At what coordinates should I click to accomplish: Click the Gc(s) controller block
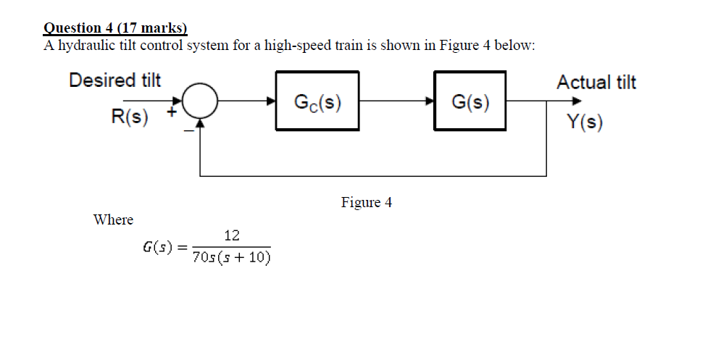coord(317,101)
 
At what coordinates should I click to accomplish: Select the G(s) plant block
coord(470,101)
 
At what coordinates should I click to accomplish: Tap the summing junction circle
coord(200,101)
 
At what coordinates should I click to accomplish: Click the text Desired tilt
coord(114,80)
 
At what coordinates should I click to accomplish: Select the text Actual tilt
coord(596,83)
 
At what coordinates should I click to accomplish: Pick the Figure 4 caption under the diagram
coord(367,202)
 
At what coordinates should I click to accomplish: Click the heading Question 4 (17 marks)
coord(115,28)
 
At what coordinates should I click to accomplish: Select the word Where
coord(113,219)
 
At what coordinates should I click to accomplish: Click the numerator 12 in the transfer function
coord(232,235)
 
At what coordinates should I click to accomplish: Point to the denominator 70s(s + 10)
coord(232,259)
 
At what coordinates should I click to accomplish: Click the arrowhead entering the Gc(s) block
coord(271,101)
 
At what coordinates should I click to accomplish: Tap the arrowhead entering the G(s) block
coord(430,101)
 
